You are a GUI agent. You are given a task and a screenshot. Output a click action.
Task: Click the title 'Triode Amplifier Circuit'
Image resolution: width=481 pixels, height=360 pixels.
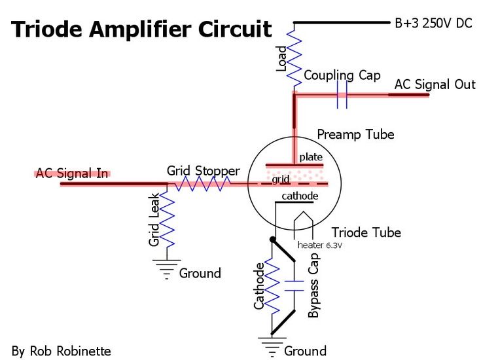141,29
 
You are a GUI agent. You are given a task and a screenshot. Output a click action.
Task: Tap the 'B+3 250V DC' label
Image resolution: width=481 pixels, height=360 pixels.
433,23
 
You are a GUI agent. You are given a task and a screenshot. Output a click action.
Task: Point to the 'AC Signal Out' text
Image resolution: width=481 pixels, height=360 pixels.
435,84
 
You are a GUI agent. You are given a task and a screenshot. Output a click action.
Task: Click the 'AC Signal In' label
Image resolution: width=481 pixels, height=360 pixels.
72,173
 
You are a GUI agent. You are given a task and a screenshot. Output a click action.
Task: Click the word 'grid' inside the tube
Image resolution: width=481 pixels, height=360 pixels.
281,178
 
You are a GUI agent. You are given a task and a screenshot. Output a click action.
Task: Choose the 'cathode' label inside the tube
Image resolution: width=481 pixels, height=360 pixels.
300,196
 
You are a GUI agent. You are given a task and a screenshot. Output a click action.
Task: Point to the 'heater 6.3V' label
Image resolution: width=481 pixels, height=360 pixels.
320,245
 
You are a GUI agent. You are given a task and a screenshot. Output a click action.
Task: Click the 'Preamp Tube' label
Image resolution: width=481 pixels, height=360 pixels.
355,134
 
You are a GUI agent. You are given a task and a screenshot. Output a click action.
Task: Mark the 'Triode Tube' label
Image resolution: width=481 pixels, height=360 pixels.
366,232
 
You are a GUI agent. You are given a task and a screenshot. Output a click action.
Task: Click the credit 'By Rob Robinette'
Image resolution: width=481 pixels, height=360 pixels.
61,351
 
